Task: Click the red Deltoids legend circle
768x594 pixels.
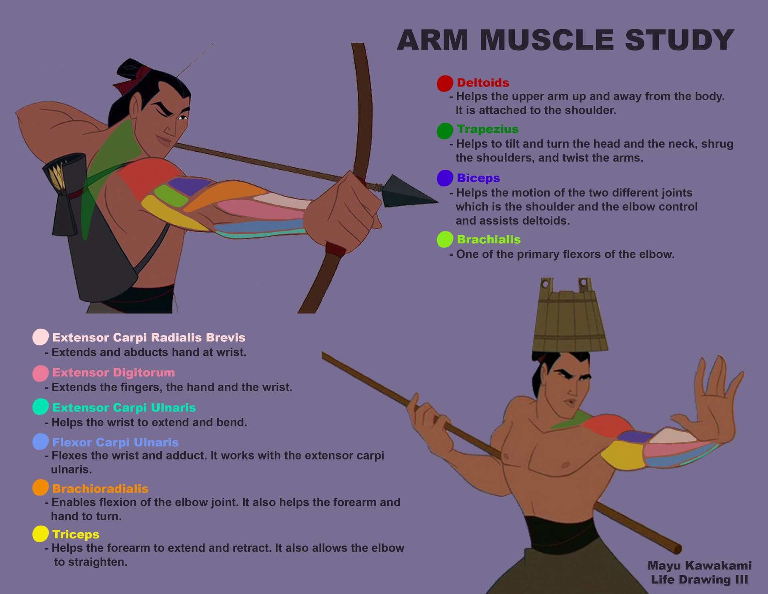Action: pyautogui.click(x=445, y=83)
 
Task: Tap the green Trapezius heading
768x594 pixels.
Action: pyautogui.click(x=487, y=129)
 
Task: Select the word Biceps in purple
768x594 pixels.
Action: pyautogui.click(x=478, y=178)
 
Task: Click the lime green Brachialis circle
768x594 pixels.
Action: pyautogui.click(x=445, y=239)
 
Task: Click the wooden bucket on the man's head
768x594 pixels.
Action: pyautogui.click(x=570, y=320)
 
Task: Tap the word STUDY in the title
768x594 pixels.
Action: pyautogui.click(x=679, y=40)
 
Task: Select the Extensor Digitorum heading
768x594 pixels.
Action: pyautogui.click(x=114, y=373)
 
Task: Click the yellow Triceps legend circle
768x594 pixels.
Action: pyautogui.click(x=40, y=534)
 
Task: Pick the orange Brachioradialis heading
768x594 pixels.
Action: pyautogui.click(x=100, y=489)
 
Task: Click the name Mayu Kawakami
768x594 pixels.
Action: pyautogui.click(x=699, y=566)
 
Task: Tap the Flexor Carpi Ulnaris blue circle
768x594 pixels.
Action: pyautogui.click(x=40, y=442)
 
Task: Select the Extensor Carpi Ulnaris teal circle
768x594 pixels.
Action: pyautogui.click(x=40, y=407)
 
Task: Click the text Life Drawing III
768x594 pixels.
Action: pyautogui.click(x=699, y=580)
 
